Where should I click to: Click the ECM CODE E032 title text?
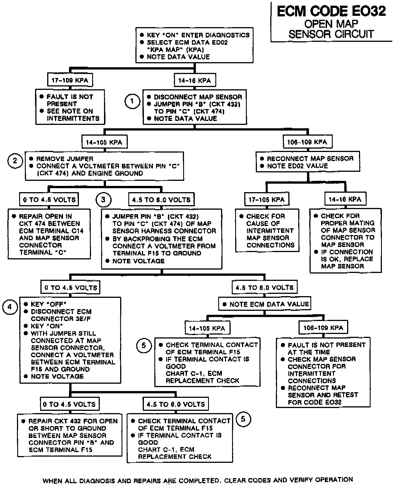[331, 11]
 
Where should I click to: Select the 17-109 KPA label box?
[70, 80]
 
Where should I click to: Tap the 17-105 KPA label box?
[267, 199]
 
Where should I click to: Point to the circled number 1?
[132, 101]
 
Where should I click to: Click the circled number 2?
[15, 161]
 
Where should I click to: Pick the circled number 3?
[103, 199]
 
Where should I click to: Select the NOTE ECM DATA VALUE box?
[265, 304]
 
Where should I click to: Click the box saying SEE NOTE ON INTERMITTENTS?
[70, 107]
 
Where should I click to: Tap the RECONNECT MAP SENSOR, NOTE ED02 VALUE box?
[308, 162]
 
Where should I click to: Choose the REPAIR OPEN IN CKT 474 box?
[49, 234]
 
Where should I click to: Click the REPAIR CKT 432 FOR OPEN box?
[70, 435]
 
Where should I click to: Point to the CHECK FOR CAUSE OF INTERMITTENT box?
[267, 230]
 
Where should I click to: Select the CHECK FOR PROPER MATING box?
[345, 241]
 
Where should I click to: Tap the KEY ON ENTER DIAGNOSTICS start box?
[194, 45]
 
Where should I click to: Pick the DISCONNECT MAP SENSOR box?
[194, 107]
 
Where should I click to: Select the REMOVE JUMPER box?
[104, 166]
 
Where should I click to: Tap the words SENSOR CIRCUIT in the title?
[331, 34]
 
